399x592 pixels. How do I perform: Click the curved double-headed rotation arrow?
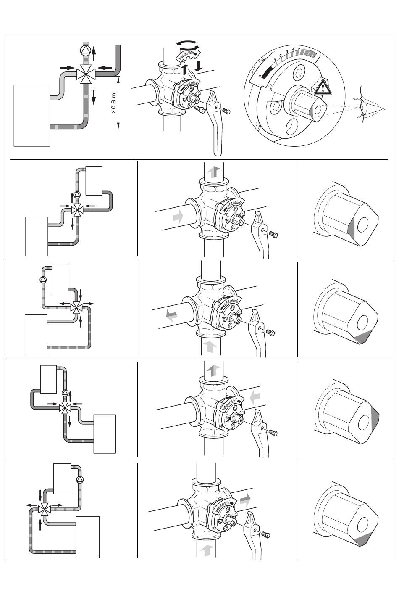(x=187, y=45)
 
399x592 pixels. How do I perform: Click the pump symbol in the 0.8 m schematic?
(x=85, y=50)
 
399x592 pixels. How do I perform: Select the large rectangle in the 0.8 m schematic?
(x=32, y=115)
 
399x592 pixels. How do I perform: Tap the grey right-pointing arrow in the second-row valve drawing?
(x=178, y=217)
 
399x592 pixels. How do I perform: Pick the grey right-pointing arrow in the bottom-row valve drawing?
(x=246, y=499)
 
